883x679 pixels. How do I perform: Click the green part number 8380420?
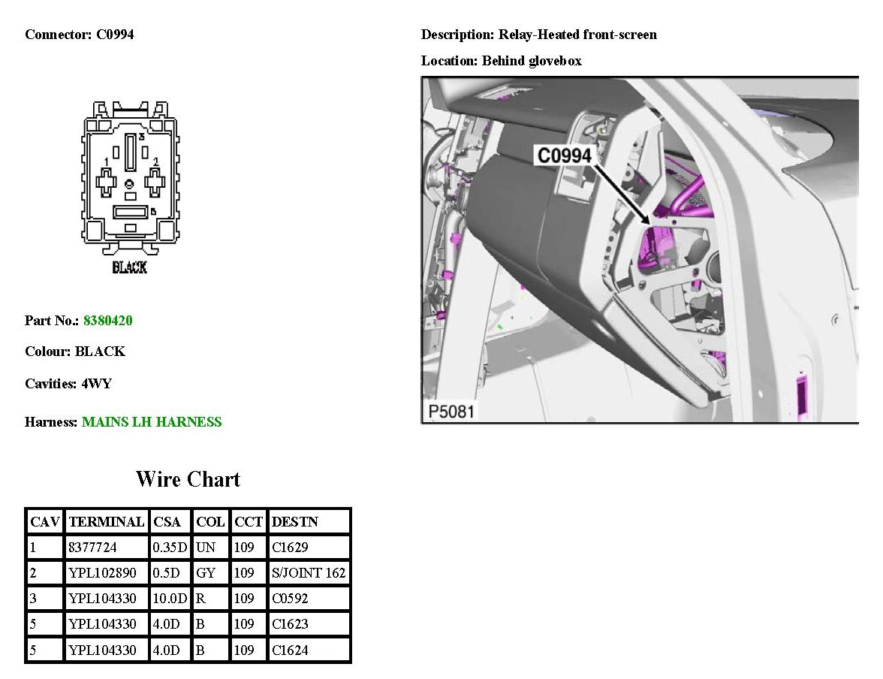(107, 321)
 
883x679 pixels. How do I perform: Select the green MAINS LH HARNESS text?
(152, 422)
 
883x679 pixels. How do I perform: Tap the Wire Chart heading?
(188, 479)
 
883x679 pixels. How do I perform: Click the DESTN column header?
(294, 522)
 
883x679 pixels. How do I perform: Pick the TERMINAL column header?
(107, 522)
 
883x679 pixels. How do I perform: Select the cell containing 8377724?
(92, 547)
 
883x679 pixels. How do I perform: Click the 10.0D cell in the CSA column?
(170, 599)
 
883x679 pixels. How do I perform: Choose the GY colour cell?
(206, 573)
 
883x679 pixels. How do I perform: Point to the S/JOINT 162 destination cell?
(308, 573)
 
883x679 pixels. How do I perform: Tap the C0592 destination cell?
(290, 599)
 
